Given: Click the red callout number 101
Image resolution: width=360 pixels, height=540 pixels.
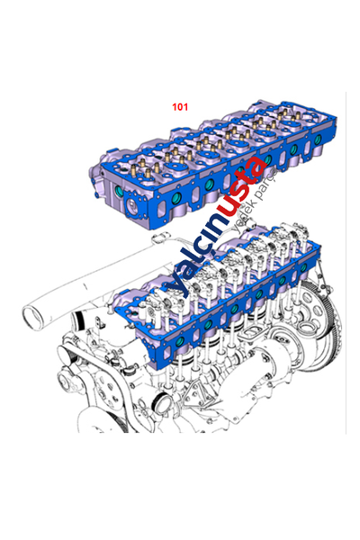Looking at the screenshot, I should [180, 106].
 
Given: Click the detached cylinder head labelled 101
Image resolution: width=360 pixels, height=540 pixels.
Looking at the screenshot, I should [207, 166].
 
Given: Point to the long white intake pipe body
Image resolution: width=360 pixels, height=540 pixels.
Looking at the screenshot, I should [81, 283].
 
